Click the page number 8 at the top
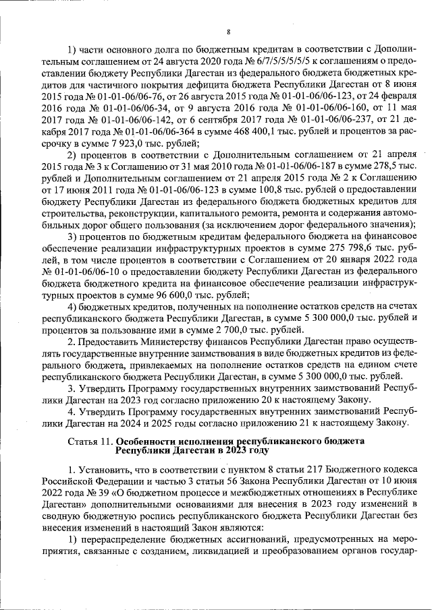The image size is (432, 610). (228, 32)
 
